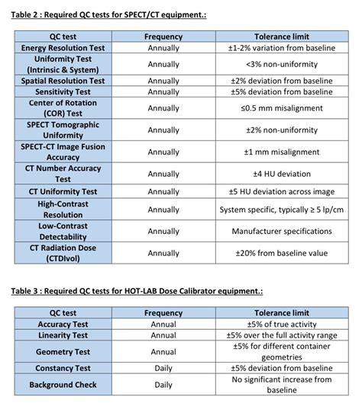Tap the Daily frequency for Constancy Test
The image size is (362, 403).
click(163, 368)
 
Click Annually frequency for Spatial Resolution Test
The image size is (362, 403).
click(163, 81)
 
